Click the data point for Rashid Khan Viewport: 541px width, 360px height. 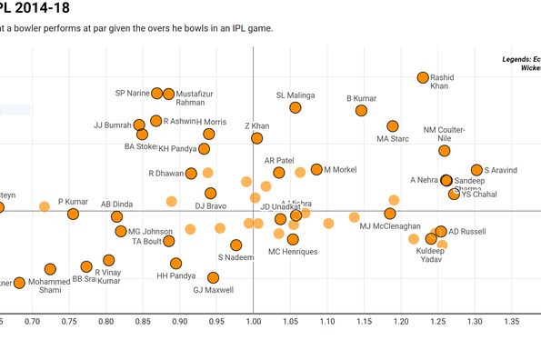click(423, 78)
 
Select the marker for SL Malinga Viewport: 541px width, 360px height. click(296, 107)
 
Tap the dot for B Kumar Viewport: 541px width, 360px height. click(360, 111)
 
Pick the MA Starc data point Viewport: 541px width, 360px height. click(393, 126)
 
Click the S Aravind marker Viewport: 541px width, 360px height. click(476, 170)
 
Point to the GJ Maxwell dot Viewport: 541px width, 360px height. click(213, 278)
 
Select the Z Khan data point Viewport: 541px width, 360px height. click(257, 138)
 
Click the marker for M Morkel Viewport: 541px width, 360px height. click(316, 169)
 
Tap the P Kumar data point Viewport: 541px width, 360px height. click(73, 215)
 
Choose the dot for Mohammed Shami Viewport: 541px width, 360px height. click(50, 269)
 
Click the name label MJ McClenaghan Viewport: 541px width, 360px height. click(390, 226)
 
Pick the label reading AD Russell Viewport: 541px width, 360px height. click(467, 232)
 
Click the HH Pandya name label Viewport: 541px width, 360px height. click(175, 275)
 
